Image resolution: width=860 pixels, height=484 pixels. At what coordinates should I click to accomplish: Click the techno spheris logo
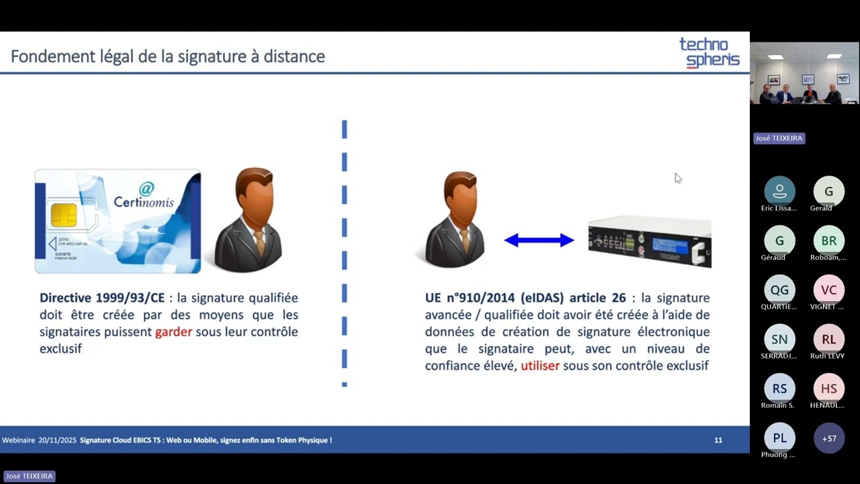coord(709,52)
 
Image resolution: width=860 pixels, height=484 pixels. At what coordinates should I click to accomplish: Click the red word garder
coord(173,332)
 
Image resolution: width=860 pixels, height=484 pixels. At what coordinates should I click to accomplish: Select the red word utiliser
coord(540,366)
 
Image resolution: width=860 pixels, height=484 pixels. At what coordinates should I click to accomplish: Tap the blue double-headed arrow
coord(539,240)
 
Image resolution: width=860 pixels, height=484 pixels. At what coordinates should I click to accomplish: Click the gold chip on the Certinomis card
coord(64,215)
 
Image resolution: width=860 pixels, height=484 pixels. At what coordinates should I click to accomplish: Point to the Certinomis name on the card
coord(143,202)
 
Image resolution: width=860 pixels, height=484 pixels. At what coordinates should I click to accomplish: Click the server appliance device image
coord(649,242)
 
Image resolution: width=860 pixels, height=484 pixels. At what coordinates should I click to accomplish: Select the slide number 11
coord(718,440)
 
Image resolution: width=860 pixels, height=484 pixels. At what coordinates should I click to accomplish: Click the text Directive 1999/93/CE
coord(101,298)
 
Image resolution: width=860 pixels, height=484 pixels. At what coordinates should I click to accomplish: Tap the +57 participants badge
coord(829,438)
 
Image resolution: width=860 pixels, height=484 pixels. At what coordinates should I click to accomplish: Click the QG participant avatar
coord(779,290)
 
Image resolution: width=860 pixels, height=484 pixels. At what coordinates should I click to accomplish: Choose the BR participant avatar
coord(829,241)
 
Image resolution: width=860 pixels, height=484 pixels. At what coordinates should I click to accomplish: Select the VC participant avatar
coord(829,290)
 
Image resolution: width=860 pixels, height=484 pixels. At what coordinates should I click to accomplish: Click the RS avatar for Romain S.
coord(779,389)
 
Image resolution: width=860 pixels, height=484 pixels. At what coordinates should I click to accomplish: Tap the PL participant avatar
coord(779,438)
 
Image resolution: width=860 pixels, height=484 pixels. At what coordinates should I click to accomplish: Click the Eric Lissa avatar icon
coord(779,192)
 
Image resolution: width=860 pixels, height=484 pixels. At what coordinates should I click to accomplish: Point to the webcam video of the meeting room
coord(804,74)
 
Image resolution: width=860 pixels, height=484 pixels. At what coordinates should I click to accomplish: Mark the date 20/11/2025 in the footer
coord(57,440)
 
